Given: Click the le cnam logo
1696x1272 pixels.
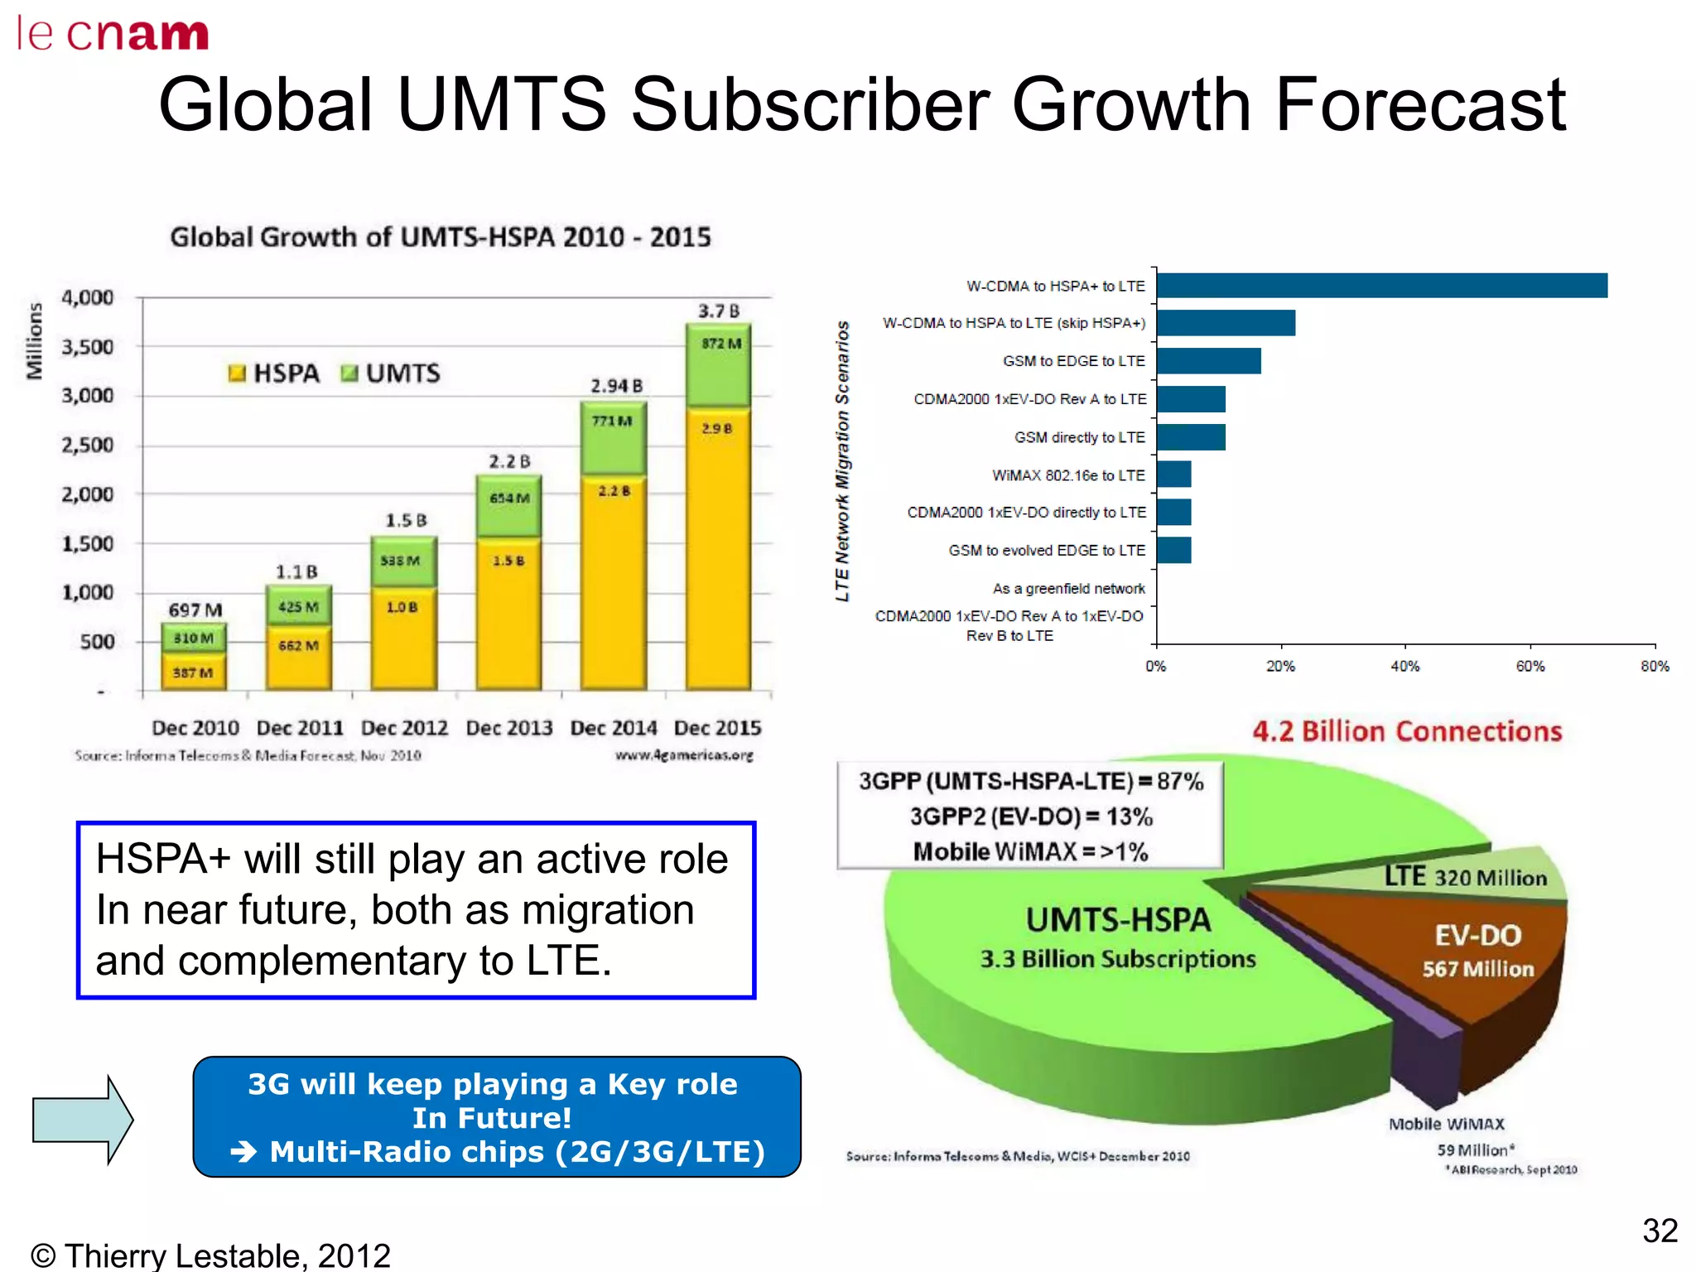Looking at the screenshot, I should coord(113,34).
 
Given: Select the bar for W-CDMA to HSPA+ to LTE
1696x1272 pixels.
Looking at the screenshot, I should coord(1381,286).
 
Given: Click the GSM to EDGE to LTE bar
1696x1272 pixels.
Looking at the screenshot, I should coord(1208,361).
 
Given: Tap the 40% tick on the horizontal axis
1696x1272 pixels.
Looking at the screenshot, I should coord(1404,666).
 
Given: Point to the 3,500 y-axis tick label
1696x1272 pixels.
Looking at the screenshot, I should coord(88,347).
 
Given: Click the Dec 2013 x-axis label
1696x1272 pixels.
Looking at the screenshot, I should coord(508,728).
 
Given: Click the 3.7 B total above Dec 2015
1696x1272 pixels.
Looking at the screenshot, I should coord(718,311).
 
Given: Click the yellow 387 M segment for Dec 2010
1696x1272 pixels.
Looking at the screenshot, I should coord(194,672).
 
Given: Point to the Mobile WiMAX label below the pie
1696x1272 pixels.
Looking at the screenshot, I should coord(1447,1124).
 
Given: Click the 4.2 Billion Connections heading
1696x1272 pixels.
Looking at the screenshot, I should coord(1406,731).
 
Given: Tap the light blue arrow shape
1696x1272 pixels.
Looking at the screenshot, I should coord(82,1120).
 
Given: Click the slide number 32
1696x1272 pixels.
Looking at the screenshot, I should coord(1660,1231).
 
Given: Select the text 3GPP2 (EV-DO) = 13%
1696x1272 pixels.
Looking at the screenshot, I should coord(1031,817).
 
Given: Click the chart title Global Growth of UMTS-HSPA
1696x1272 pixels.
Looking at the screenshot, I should coord(441,238).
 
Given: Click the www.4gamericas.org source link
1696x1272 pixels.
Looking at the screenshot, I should coord(684,755).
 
